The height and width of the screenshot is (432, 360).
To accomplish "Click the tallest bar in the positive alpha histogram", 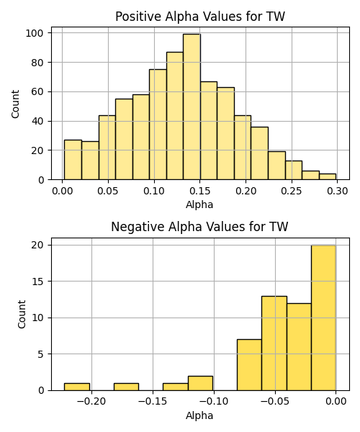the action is pyautogui.click(x=192, y=107).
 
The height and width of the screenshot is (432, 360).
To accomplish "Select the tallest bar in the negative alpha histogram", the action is pyautogui.click(x=324, y=318).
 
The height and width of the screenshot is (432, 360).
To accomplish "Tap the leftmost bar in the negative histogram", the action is pyautogui.click(x=77, y=387).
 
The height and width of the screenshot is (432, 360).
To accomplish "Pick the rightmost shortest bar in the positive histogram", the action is pyautogui.click(x=328, y=176).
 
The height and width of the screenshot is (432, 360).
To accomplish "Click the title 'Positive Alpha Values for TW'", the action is pyautogui.click(x=200, y=17).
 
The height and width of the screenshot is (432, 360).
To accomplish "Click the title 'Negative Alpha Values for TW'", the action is pyautogui.click(x=199, y=227).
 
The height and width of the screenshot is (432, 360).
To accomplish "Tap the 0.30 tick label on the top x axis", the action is pyautogui.click(x=338, y=191).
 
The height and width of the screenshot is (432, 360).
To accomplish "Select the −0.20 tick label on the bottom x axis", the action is pyautogui.click(x=91, y=402).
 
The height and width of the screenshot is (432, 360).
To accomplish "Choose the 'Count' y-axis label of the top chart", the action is pyautogui.click(x=15, y=104).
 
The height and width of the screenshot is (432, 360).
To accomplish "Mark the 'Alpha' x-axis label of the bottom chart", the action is pyautogui.click(x=199, y=415).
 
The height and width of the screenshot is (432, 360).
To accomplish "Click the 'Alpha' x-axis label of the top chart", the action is pyautogui.click(x=199, y=204).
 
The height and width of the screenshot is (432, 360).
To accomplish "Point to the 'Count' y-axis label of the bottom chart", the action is pyautogui.click(x=22, y=315).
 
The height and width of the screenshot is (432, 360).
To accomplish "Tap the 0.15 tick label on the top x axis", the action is pyautogui.click(x=200, y=191).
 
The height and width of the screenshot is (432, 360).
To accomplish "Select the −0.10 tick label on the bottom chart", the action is pyautogui.click(x=214, y=402).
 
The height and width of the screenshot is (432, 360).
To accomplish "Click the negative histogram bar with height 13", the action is pyautogui.click(x=274, y=343).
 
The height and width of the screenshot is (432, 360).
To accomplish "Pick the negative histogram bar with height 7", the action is pyautogui.click(x=249, y=365).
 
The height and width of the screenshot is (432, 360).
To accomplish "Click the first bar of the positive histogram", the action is pyautogui.click(x=73, y=160).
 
